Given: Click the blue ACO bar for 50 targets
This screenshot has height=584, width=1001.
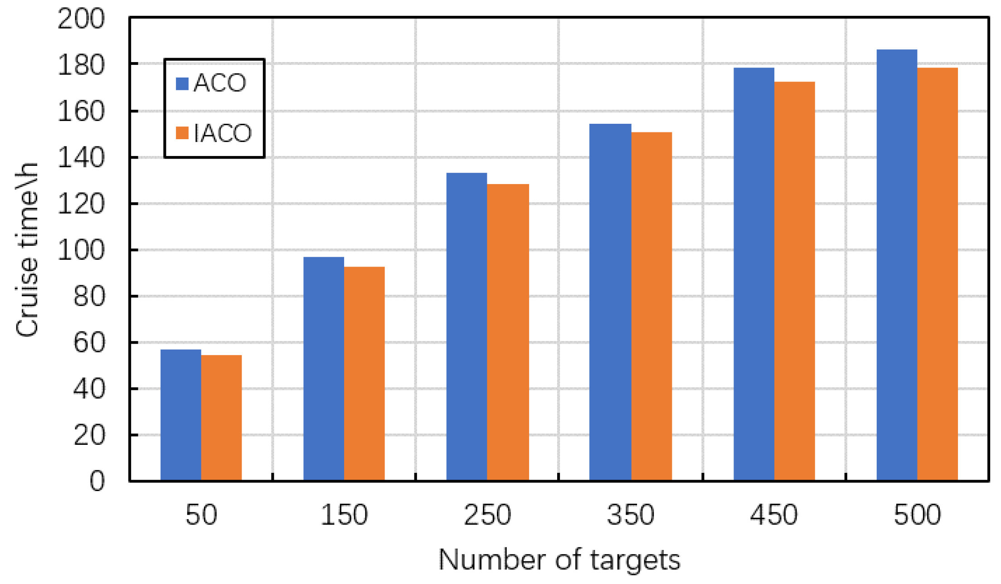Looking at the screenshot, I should click(180, 415).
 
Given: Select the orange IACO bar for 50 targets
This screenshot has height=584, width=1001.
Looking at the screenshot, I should click(221, 418).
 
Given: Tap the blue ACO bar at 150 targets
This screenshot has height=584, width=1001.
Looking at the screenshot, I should click(323, 369).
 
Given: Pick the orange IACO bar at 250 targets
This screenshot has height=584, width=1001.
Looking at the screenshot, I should click(508, 332).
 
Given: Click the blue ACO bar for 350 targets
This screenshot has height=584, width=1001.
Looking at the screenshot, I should click(610, 302).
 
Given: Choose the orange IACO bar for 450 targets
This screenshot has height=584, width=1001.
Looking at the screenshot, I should click(794, 281).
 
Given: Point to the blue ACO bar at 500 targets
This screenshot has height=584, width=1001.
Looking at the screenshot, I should click(896, 265).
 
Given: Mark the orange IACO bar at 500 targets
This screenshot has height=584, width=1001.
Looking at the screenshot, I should click(937, 274).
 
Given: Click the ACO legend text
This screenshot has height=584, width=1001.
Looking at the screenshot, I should click(220, 83).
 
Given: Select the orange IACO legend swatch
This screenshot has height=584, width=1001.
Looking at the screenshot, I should click(182, 133).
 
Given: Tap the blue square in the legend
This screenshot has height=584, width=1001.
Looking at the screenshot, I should click(182, 83).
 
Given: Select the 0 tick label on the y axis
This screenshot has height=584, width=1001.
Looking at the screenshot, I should click(97, 481).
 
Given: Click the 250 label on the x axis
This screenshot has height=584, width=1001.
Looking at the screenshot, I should click(487, 515).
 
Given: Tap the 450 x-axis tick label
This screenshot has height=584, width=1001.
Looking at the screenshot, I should click(773, 515).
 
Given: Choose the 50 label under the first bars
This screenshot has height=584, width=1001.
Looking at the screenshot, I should click(201, 515).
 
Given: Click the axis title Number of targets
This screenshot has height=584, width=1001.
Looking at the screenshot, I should click(559, 560).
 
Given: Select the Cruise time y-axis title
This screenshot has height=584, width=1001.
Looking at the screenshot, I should click(27, 249).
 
